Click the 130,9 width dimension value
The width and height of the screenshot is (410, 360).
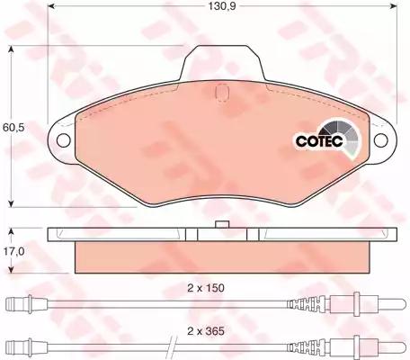pyautogui.click(x=222, y=6)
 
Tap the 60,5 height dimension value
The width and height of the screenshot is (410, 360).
pyautogui.click(x=13, y=127)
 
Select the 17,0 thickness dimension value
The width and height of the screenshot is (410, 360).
pyautogui.click(x=13, y=251)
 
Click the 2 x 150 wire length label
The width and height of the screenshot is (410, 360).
pyautogui.click(x=206, y=288)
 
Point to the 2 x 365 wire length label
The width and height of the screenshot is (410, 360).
pyautogui.click(x=206, y=331)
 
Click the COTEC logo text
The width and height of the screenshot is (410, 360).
pyautogui.click(x=319, y=141)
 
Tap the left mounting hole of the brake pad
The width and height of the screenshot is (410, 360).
pyautogui.click(x=64, y=140)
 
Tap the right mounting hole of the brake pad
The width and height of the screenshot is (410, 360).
pyautogui.click(x=381, y=140)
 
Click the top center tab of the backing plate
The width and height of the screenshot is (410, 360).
pyautogui.click(x=222, y=62)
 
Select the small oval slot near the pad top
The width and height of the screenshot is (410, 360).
pyautogui.click(x=222, y=92)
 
